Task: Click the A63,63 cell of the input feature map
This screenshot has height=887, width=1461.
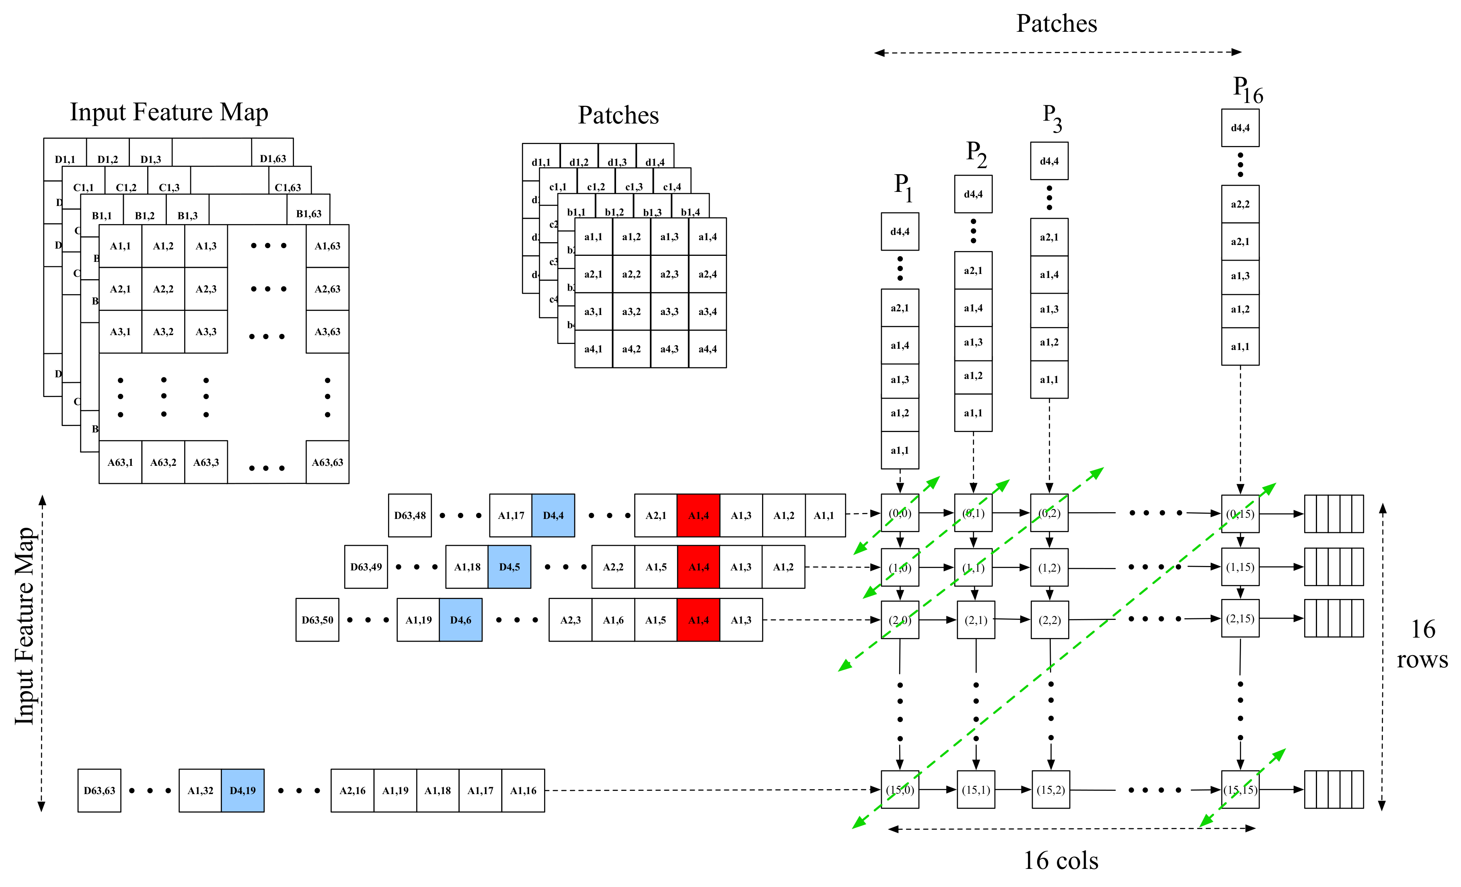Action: click(327, 462)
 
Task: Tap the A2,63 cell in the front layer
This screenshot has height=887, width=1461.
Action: click(327, 289)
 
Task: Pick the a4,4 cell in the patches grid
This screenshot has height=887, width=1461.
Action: click(707, 349)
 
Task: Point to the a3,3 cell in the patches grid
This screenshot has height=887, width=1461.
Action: click(670, 311)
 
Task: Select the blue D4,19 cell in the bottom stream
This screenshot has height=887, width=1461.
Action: click(242, 790)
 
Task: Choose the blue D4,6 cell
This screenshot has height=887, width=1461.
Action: click(461, 620)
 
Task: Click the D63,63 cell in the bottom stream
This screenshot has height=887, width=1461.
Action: click(100, 790)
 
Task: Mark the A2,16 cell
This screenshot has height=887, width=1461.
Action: click(352, 790)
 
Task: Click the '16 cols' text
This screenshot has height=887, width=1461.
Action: click(1061, 860)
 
